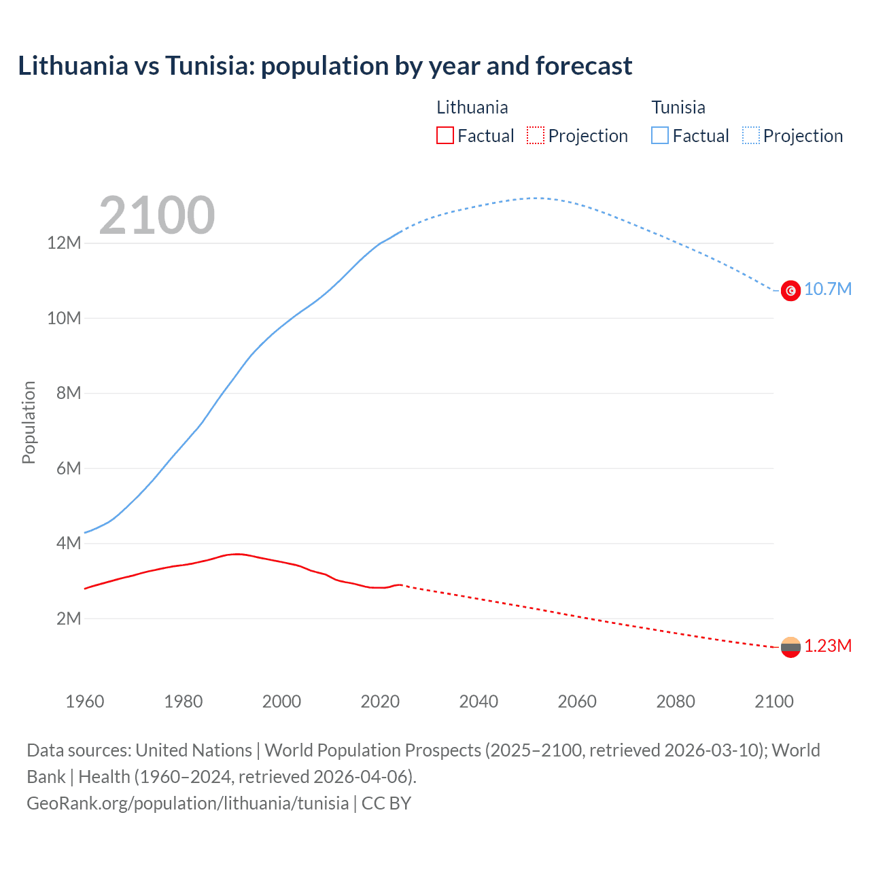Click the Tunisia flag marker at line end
790,290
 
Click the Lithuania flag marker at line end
790,647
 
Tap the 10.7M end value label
828,290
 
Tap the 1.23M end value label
828,646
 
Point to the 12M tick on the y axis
64,243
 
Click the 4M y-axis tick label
69,543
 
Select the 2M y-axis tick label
69,619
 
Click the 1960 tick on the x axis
85,701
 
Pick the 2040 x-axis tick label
478,701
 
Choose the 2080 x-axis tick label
676,701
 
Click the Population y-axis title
29,422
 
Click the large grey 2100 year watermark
157,215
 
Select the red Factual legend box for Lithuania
445,135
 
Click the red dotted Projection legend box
536,135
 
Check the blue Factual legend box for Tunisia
660,135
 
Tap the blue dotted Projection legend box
751,135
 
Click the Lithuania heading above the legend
472,107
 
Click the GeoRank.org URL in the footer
188,803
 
